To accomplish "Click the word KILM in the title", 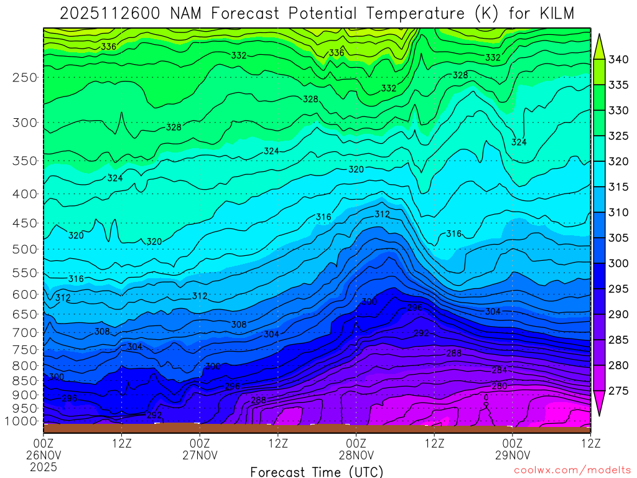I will pos(552,13).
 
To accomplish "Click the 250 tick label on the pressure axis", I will pos(24,77).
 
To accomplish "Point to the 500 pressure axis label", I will pos(24,249).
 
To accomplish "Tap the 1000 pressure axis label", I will pos(22,421).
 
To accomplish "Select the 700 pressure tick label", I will pos(24,332).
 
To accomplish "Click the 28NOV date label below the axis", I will pos(356,455).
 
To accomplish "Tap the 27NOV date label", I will pos(200,455).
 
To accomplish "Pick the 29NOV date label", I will pos(512,455).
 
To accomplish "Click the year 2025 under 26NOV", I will pos(44,467).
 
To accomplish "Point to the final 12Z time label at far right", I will pos(590,443).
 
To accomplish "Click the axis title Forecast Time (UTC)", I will pos(317,471).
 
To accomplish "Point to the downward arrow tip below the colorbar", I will pos(600,415).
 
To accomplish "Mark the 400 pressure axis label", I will pos(24,194).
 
